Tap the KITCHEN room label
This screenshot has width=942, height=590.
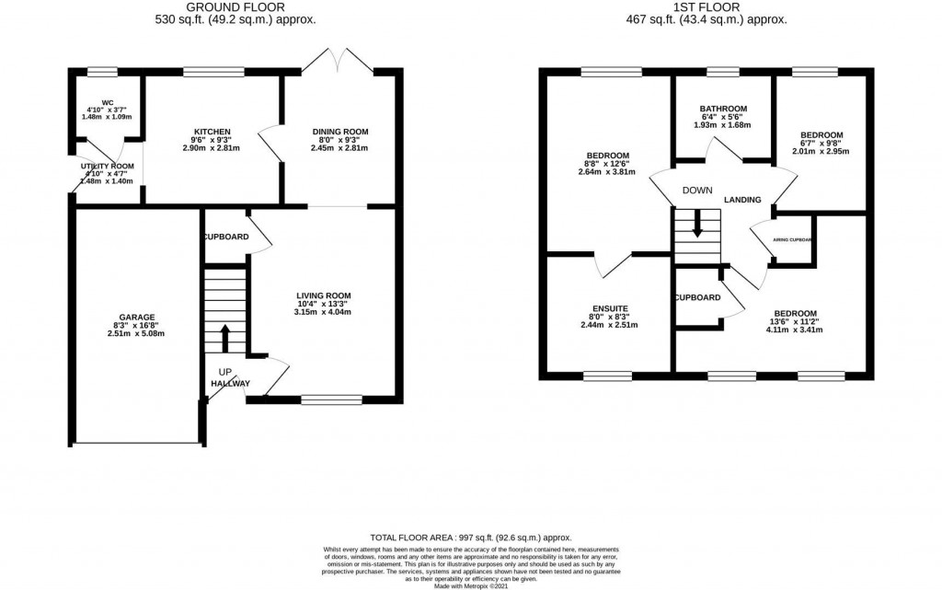pyautogui.click(x=212, y=132)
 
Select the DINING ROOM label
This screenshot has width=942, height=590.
pyautogui.click(x=339, y=132)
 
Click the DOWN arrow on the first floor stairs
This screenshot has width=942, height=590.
pyautogui.click(x=697, y=225)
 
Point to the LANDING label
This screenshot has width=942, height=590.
pyautogui.click(x=742, y=200)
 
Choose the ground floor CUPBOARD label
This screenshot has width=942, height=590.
pyautogui.click(x=225, y=237)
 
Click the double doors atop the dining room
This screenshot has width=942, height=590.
pyautogui.click(x=339, y=61)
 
